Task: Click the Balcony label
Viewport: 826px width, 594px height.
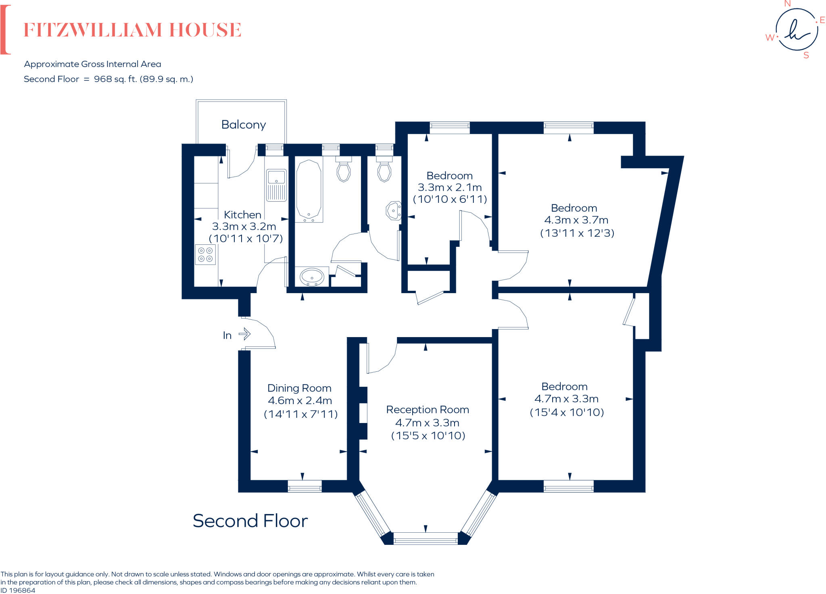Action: (244, 125)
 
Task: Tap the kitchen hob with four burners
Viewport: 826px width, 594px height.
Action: (205, 254)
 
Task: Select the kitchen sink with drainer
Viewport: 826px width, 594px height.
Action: (276, 185)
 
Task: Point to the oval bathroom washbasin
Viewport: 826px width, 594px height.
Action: (312, 277)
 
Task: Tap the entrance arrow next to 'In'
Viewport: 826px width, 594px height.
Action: (244, 334)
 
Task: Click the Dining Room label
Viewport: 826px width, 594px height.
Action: (299, 388)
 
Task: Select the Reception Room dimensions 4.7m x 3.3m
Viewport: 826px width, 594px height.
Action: (427, 423)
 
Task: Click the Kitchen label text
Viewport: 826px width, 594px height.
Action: (242, 215)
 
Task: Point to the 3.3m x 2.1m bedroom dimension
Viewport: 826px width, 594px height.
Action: (450, 188)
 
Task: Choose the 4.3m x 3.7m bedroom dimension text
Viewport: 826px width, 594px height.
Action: (576, 220)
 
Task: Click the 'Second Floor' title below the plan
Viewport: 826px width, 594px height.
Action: (250, 521)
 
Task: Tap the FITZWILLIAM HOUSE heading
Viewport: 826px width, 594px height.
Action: (132, 30)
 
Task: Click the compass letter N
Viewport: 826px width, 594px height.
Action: (787, 4)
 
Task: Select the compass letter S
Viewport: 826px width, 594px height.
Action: (806, 56)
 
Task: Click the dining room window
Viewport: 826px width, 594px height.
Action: (305, 486)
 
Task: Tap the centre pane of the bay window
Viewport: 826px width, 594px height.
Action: (425, 538)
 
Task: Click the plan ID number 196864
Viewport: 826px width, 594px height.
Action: (22, 590)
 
